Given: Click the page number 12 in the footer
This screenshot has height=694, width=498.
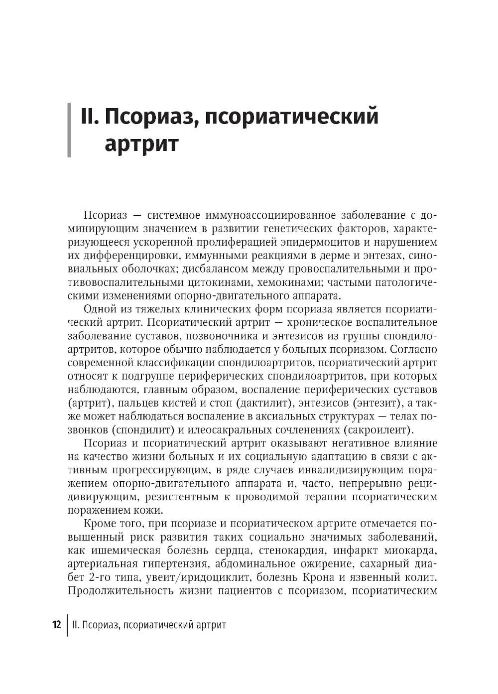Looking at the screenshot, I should click(x=56, y=625).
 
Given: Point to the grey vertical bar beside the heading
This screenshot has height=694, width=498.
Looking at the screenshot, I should click(x=69, y=130).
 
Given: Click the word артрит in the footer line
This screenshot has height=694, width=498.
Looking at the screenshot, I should click(x=210, y=625).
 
